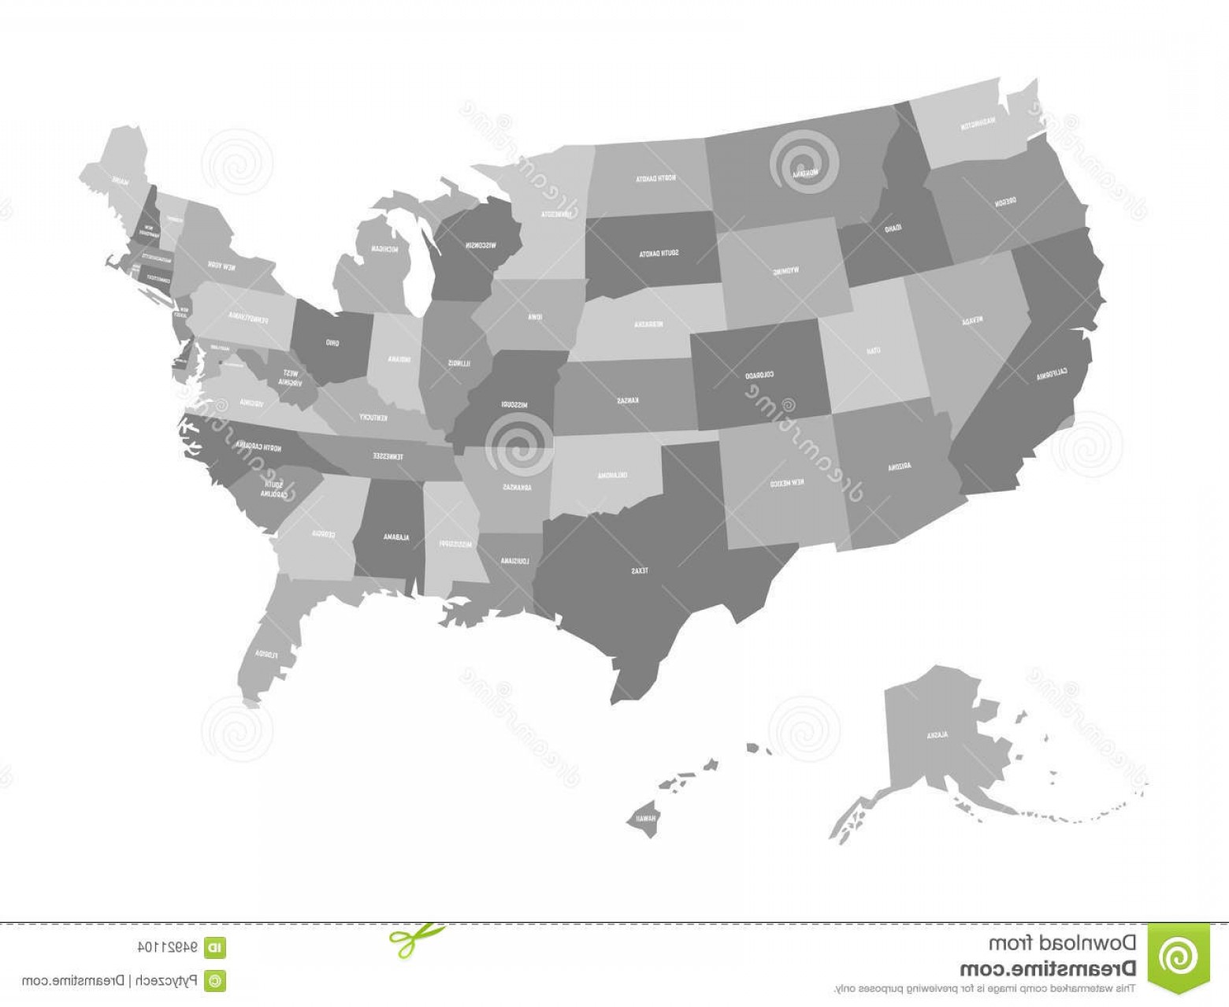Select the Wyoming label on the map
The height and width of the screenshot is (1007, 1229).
(785, 271)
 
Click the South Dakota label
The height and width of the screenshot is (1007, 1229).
(659, 253)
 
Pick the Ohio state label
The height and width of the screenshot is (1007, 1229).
(332, 343)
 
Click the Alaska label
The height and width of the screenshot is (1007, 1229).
(936, 734)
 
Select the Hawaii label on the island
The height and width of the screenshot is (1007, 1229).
(646, 818)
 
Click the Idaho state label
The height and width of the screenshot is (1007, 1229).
(892, 229)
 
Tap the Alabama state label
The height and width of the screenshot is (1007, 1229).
(392, 537)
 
